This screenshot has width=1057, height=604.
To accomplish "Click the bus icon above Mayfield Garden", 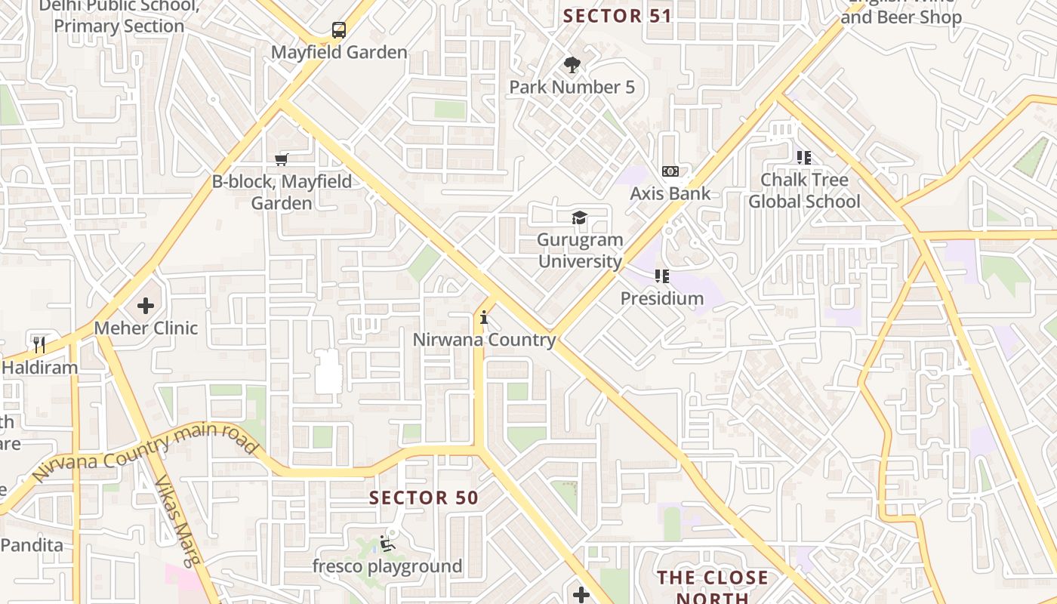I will coord(339,30).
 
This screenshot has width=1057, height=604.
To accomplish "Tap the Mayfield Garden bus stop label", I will coord(339,53).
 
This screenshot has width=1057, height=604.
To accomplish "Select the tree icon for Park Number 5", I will coord(572,65).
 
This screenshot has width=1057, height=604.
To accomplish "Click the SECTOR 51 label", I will coord(617,16).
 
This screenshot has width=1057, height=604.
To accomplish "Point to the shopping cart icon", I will coord(282,159).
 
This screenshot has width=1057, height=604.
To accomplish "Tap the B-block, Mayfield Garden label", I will coord(282,193).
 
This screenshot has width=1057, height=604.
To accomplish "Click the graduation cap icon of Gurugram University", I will coord(579,218).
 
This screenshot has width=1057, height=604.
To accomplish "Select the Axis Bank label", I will coord(670,193).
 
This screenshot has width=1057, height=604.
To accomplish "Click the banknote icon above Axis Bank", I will coord(670,171).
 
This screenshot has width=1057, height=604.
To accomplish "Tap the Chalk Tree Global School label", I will coord(804,190).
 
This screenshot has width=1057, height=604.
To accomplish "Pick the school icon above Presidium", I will coord(662,276).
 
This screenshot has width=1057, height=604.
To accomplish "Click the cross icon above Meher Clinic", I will coord(146,306).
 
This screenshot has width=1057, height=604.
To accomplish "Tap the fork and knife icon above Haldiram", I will coord(39,345).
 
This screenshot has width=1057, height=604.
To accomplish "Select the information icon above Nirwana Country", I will coord(484,318).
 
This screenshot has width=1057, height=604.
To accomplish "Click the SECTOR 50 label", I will coord(424,498).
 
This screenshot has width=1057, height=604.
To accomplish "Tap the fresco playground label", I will coord(387,566).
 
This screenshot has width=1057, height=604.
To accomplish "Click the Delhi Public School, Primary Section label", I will coord(119,16).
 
